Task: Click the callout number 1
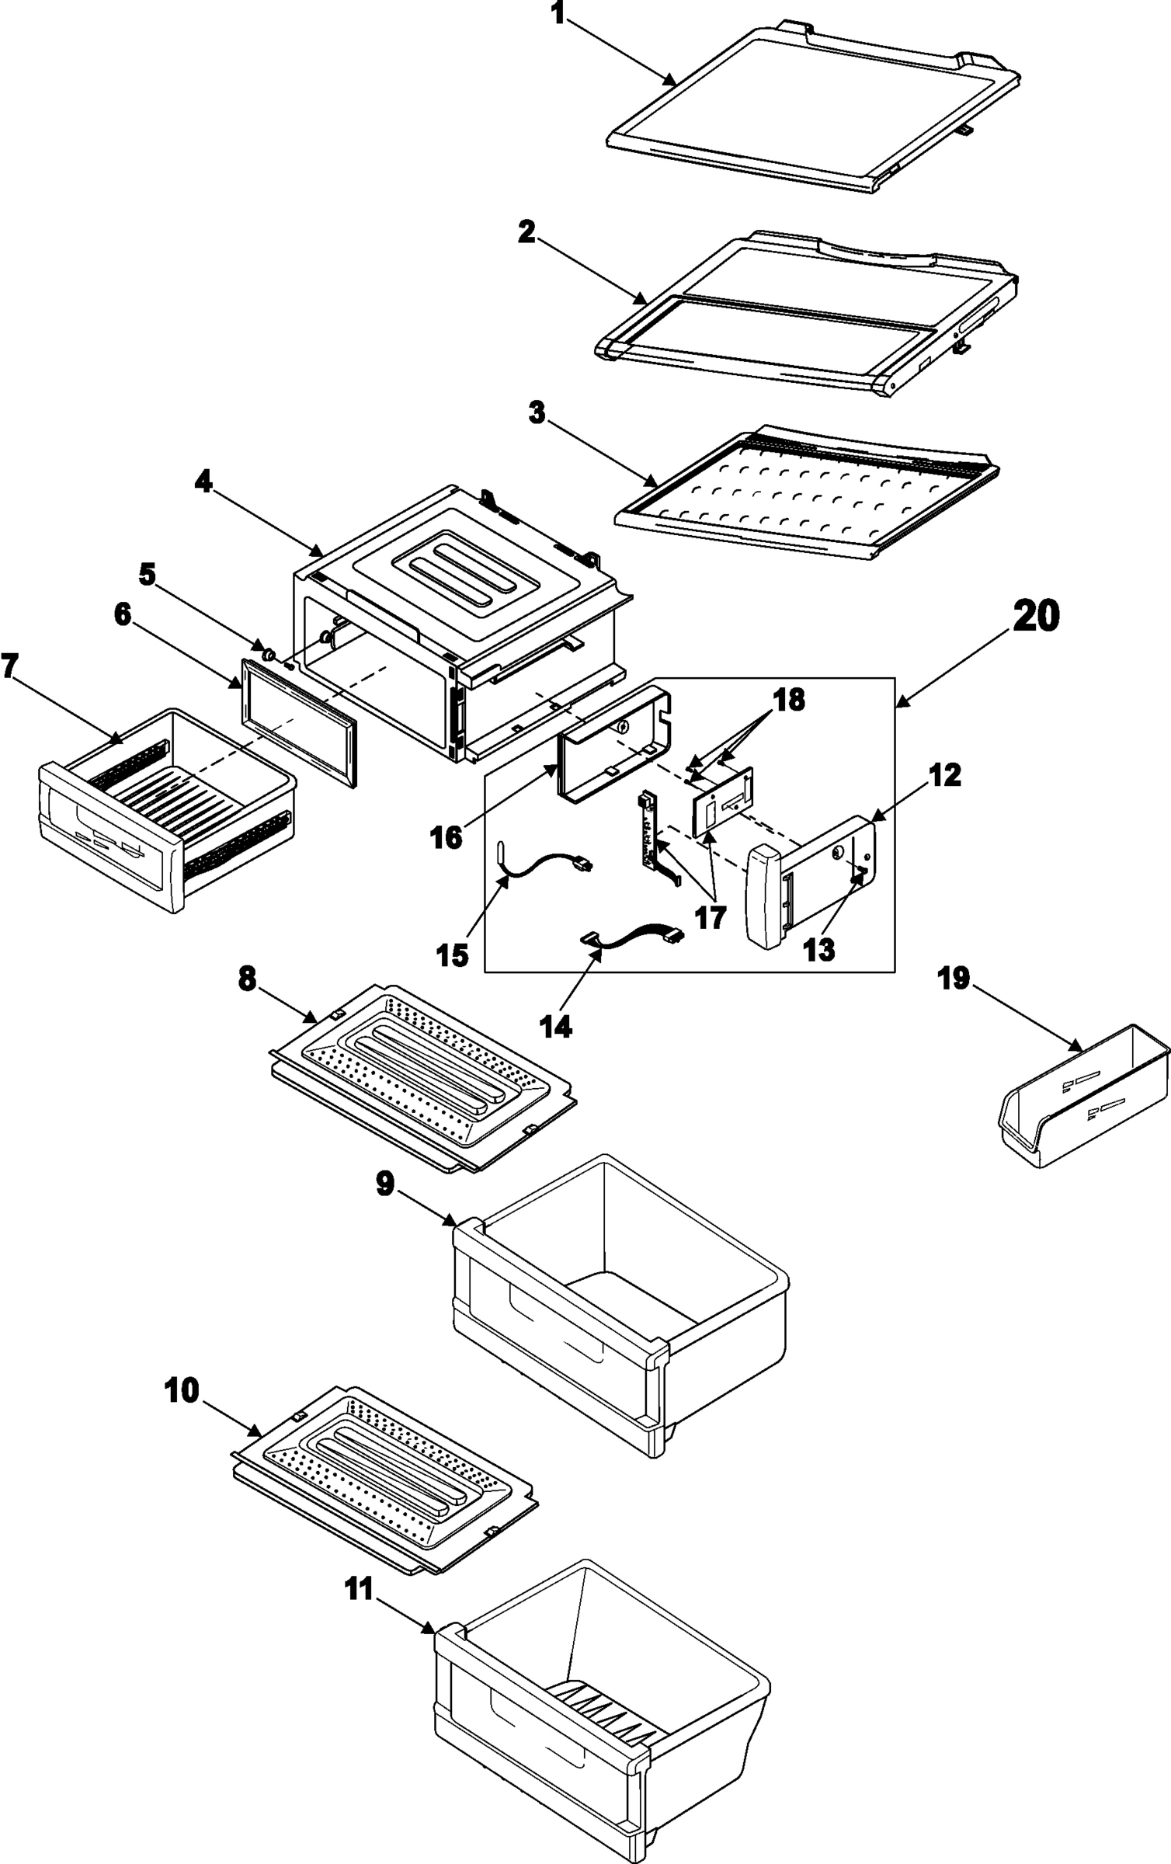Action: point(557,13)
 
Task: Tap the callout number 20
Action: point(1036,616)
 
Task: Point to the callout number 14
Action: point(557,1026)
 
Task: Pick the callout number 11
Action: point(360,1590)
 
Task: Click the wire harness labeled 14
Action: point(633,938)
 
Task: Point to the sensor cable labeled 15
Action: point(544,864)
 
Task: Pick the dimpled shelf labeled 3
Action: point(808,493)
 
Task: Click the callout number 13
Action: point(819,949)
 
